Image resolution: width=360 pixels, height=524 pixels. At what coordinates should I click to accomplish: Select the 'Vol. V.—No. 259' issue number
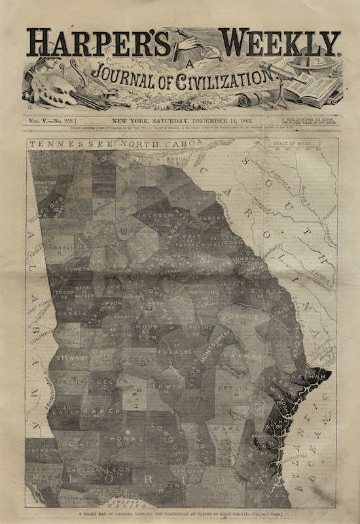[52, 121]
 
